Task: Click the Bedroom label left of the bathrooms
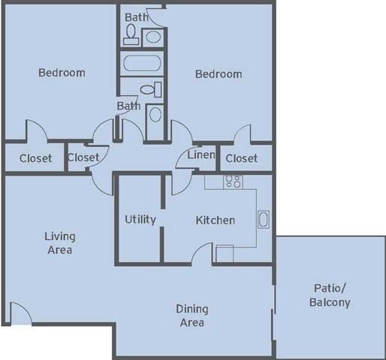pos(62,73)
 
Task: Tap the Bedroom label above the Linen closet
pos(219,73)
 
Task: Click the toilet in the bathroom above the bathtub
pos(131,33)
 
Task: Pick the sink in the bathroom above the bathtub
pos(152,35)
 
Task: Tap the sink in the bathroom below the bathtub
pos(155,114)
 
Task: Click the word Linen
pos(201,155)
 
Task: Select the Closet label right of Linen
pos(241,157)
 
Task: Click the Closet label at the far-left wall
pos(35,157)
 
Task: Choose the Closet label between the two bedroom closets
pos(83,157)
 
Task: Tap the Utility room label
pos(140,219)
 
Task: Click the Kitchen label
pos(216,220)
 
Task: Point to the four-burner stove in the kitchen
pos(233,181)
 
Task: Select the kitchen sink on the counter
pos(264,219)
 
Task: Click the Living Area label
pos(59,243)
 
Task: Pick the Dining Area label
pos(192,315)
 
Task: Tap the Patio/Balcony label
pos(329,295)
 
